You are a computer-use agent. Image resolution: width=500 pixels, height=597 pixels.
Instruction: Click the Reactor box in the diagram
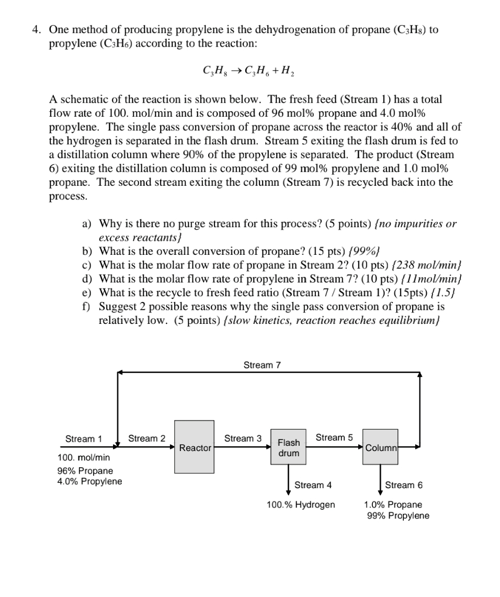pos(194,446)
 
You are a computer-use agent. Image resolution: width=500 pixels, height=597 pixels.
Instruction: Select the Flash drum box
pos(288,447)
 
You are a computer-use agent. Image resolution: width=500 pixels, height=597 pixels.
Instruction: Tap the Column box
pos(380,447)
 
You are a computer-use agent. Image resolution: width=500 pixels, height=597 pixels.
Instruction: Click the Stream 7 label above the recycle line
pos(262,365)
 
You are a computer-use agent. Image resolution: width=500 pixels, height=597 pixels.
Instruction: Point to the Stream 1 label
pos(84,438)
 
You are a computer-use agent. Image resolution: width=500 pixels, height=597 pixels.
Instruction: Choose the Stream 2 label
pos(146,438)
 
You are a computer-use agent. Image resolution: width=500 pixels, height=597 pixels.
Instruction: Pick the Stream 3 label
pos(243,438)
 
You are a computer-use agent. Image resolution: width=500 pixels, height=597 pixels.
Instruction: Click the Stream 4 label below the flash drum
pos(313,485)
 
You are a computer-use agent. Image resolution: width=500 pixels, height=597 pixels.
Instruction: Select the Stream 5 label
pos(334,437)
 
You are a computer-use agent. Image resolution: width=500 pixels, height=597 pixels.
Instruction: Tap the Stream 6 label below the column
pos(403,485)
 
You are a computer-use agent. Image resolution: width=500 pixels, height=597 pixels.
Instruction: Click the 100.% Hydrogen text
pos(301,505)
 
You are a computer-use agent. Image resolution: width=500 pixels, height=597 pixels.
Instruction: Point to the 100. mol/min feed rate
pos(84,457)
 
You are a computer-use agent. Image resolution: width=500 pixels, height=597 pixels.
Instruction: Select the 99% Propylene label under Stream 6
pos(398,516)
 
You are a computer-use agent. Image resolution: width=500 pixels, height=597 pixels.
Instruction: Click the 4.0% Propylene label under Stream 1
pos(89,481)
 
